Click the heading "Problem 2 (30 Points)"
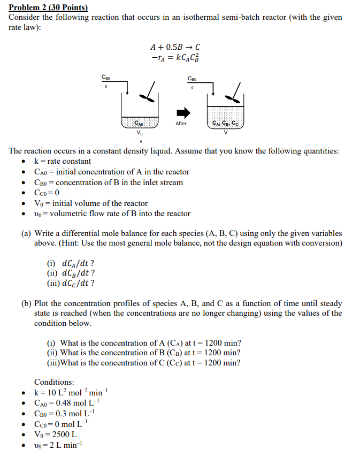click(x=48, y=7)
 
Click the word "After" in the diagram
click(x=181, y=124)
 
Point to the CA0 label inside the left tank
click(x=140, y=123)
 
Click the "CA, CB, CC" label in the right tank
click(x=226, y=123)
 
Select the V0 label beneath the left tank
click(x=140, y=132)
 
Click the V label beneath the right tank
click(x=226, y=132)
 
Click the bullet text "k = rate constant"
click(x=62, y=161)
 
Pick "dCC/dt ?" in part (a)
click(x=71, y=284)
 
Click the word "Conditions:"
click(x=55, y=382)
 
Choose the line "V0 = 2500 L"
click(x=55, y=434)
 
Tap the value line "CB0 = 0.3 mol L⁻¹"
click(x=64, y=413)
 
